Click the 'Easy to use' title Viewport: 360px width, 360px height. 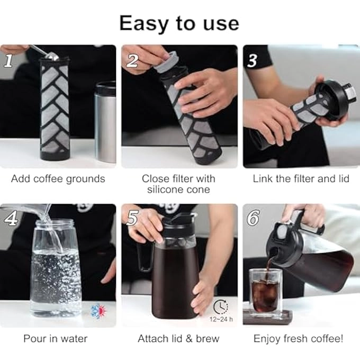(179, 23)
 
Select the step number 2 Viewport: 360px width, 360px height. (132, 61)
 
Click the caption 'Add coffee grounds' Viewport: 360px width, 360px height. (58, 178)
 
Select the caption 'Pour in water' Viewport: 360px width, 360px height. (55, 338)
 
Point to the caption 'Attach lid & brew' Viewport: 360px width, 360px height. (178, 338)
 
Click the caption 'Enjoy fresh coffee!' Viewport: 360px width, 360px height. (299, 338)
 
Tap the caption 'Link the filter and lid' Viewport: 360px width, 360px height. (301, 178)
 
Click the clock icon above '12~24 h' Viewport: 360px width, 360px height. (221, 306)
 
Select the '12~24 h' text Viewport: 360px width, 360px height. (220, 319)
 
